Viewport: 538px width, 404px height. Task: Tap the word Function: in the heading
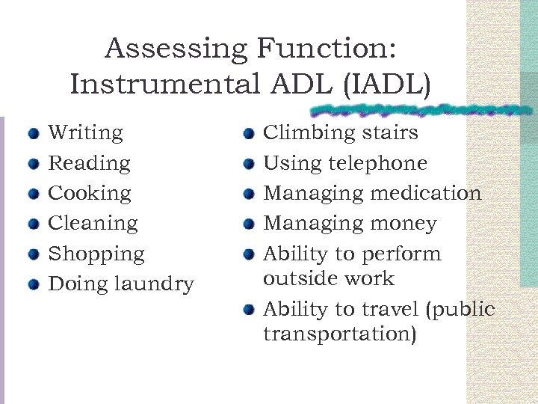[327, 49]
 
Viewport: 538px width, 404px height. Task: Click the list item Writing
[85, 133]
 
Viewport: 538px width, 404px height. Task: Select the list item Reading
[88, 163]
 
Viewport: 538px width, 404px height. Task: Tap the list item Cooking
[89, 193]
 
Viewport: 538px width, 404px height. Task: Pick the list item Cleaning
[93, 223]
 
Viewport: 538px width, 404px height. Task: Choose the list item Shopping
[96, 254]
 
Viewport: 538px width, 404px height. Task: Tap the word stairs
[386, 133]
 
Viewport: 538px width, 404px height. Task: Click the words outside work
[328, 278]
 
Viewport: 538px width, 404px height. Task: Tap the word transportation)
[340, 334]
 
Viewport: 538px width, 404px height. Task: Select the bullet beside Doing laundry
[32, 285]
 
